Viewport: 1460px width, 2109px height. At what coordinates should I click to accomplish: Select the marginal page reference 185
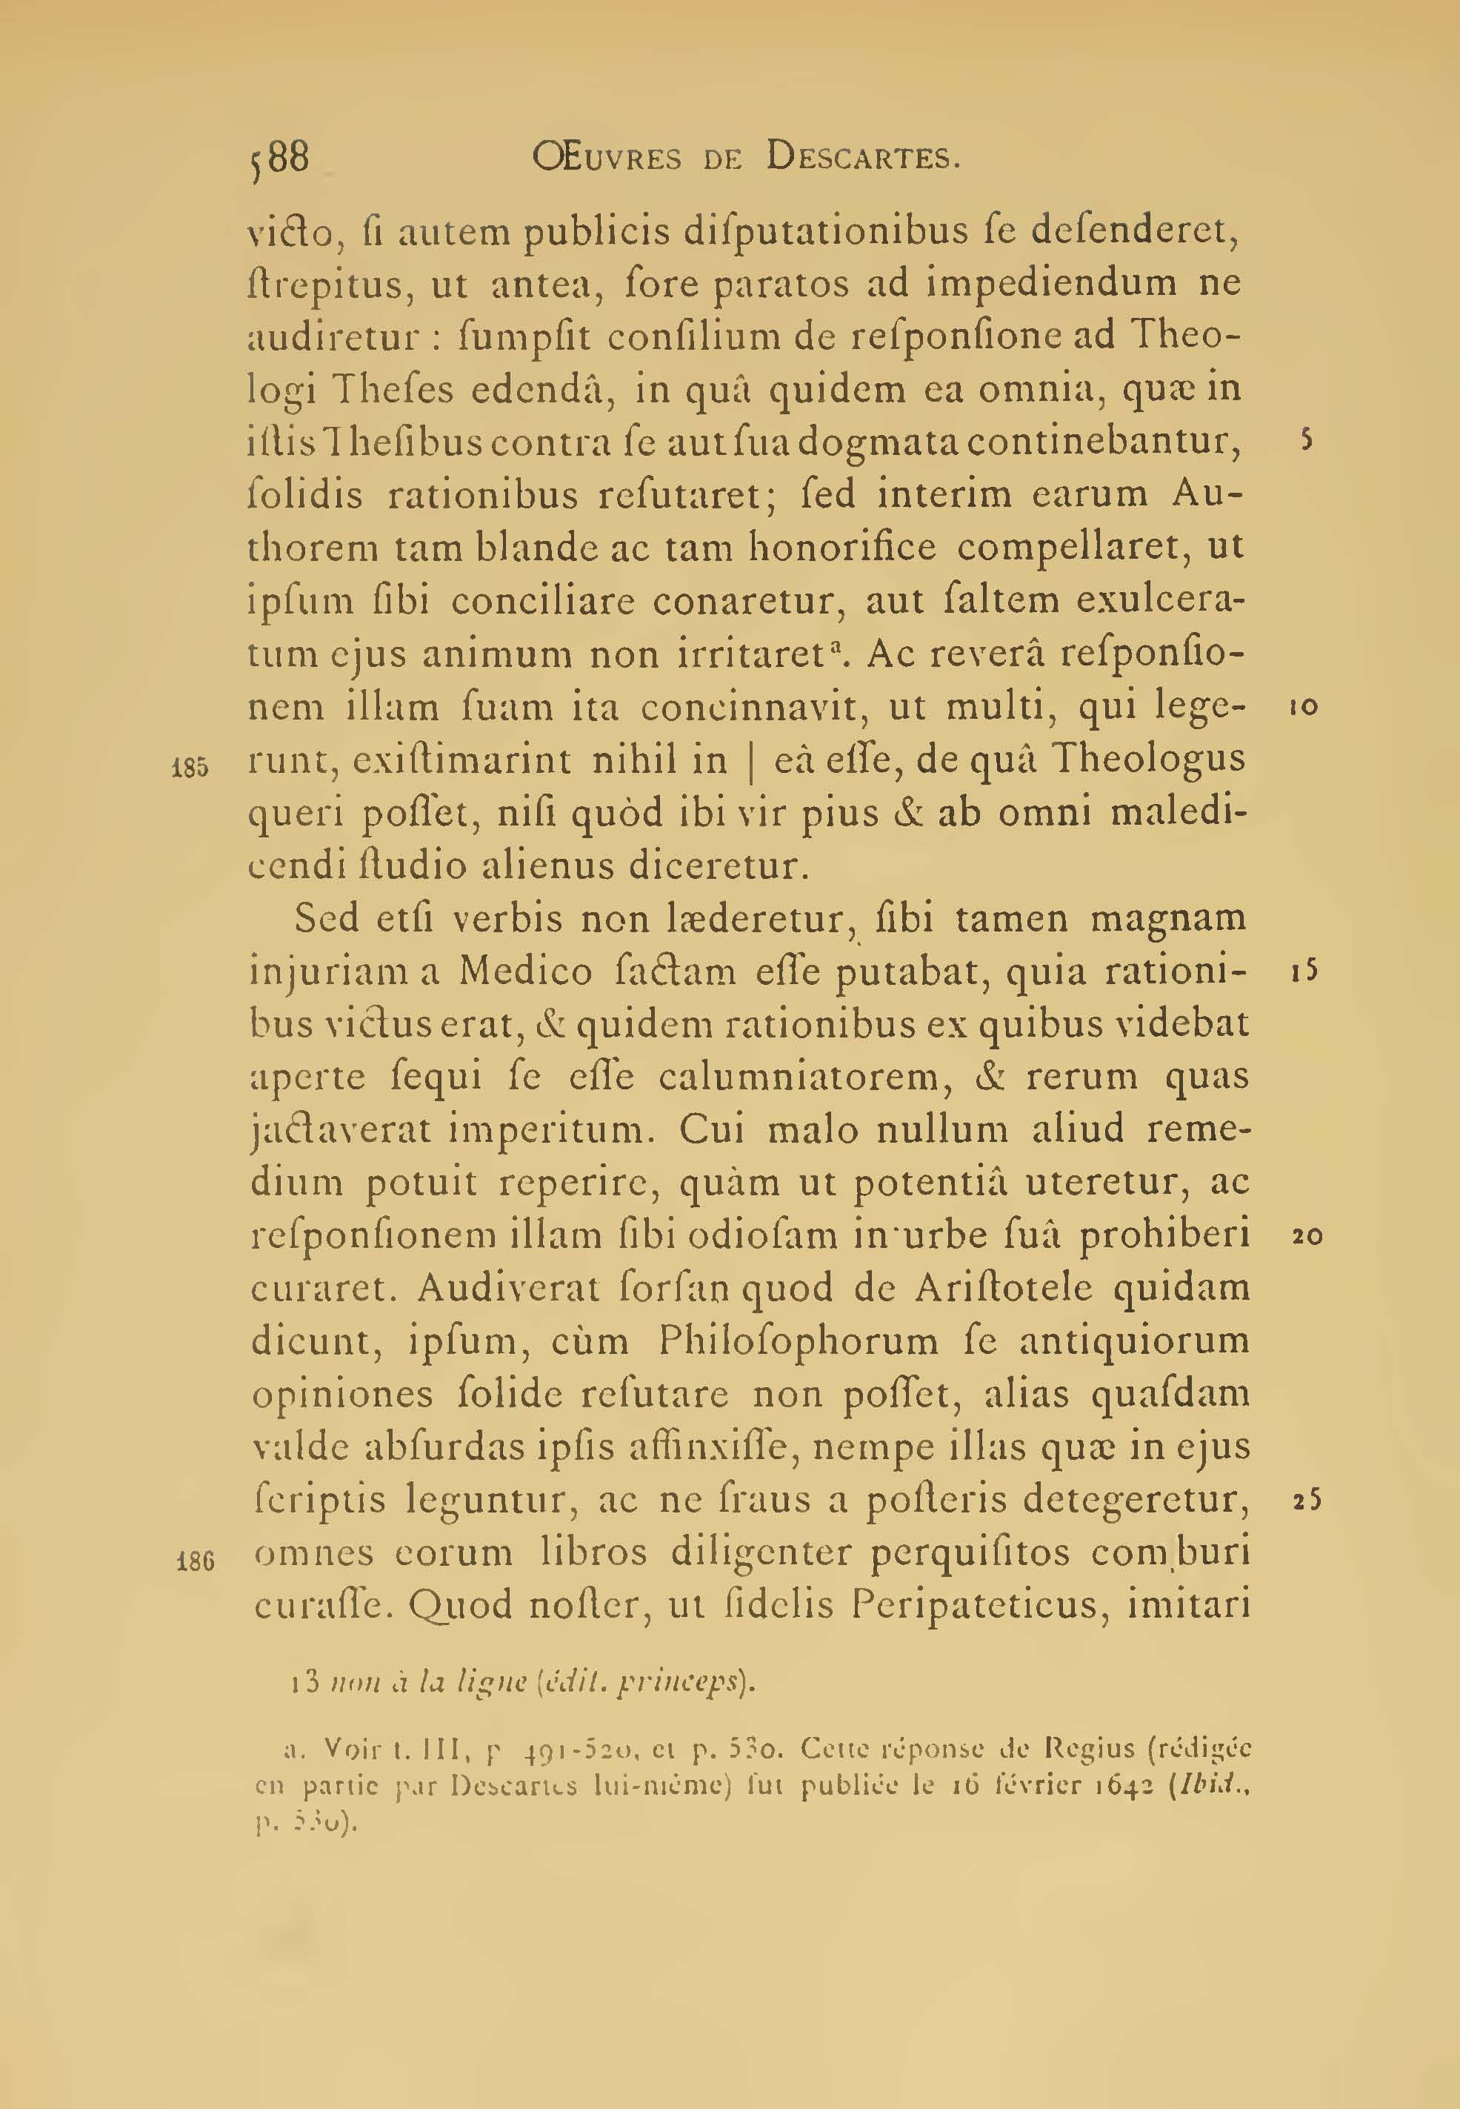point(190,767)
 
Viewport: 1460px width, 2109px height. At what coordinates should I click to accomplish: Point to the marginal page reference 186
point(195,1560)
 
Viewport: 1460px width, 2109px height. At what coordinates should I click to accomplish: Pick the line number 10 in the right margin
point(1304,707)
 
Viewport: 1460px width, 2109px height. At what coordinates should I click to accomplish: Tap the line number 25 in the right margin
point(1307,1501)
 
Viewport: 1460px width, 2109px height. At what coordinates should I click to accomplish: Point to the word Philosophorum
point(798,1342)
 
